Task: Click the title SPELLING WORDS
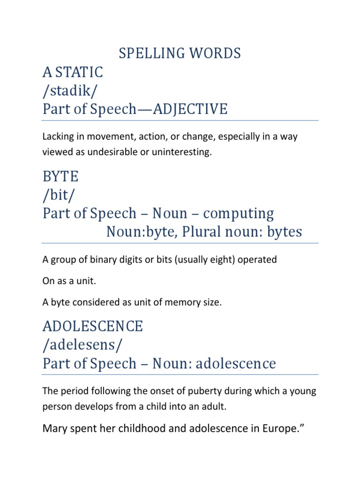click(180, 53)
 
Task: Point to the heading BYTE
click(60, 177)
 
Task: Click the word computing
click(239, 213)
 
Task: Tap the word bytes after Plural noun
click(283, 232)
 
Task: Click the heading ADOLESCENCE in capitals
click(93, 327)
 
